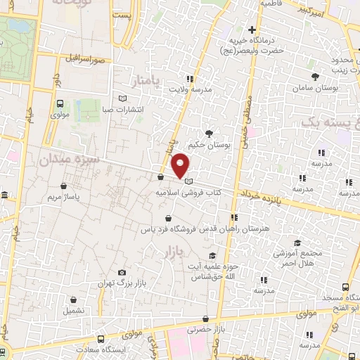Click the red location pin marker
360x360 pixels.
pyautogui.click(x=181, y=165)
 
